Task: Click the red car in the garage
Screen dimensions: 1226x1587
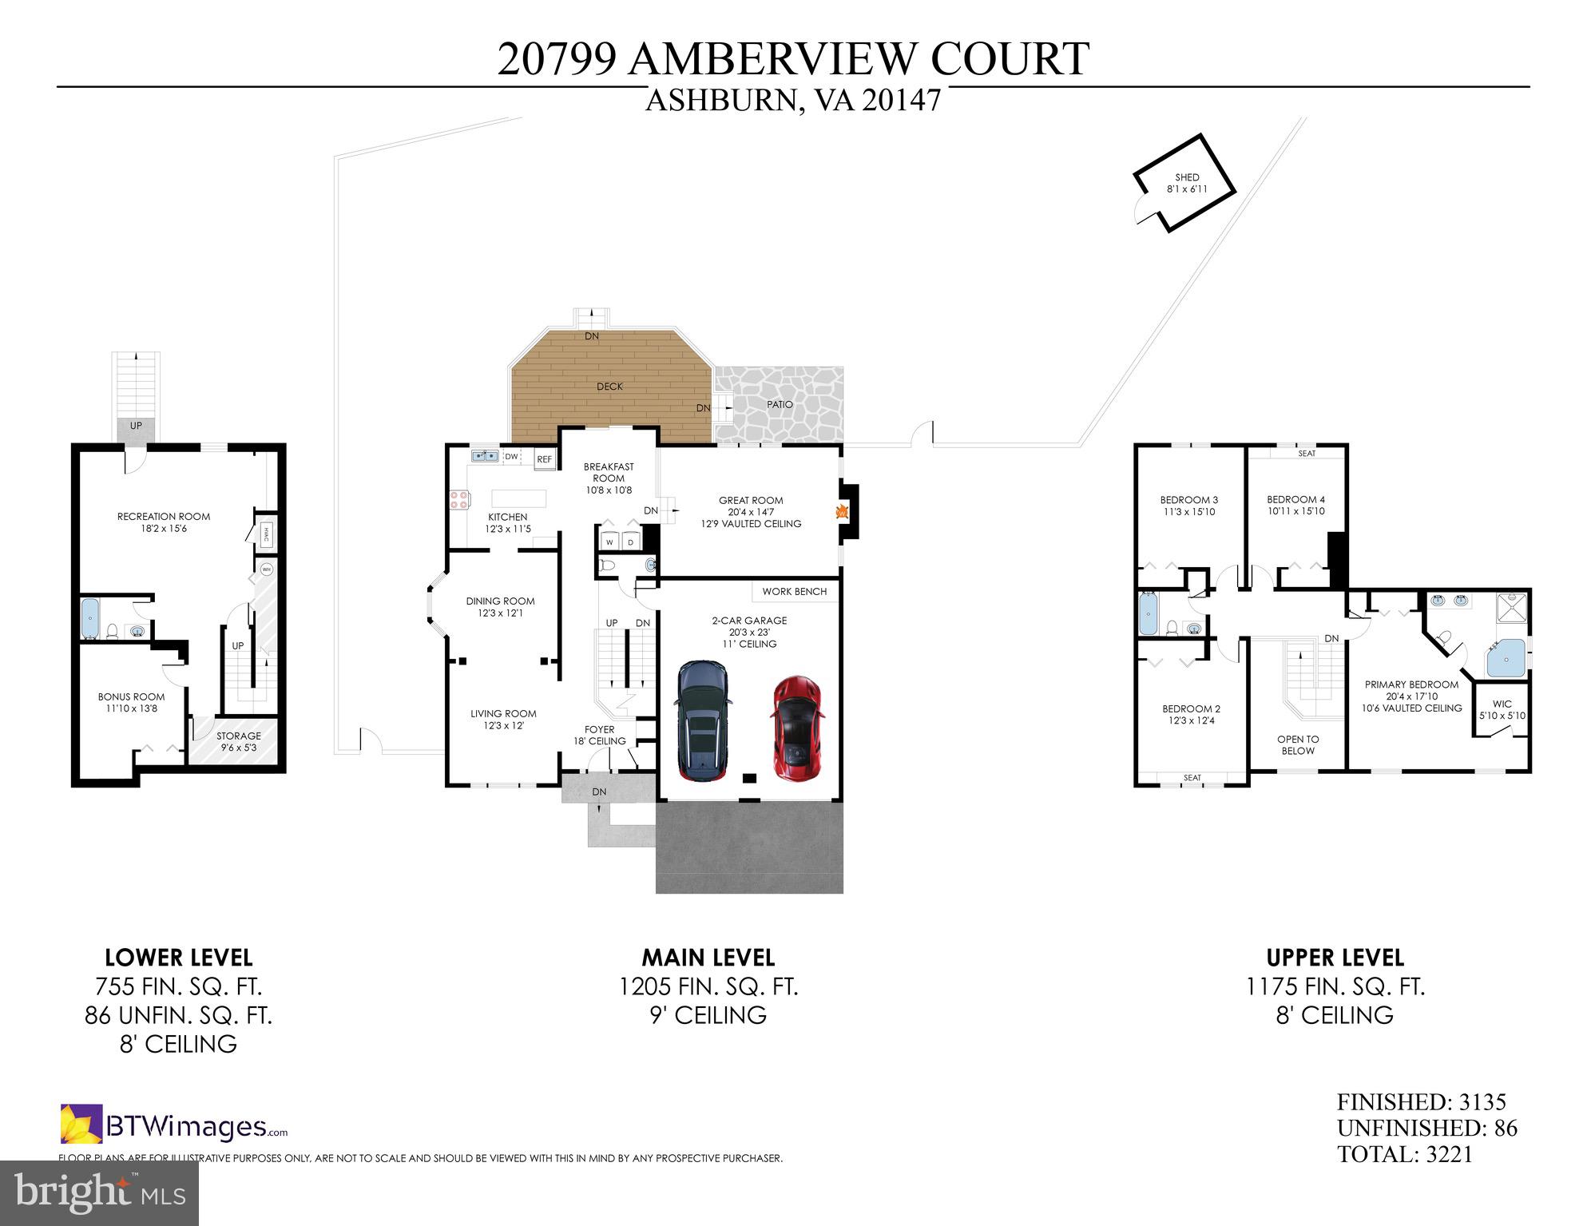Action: [795, 728]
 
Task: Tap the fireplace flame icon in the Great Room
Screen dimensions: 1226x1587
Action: [841, 512]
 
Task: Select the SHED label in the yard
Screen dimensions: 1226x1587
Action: [1187, 177]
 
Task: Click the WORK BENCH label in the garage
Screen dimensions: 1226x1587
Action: [794, 592]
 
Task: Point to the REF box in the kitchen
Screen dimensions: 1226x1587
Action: [544, 459]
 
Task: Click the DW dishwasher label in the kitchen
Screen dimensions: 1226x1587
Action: [511, 456]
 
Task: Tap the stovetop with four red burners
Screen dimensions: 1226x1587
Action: [459, 500]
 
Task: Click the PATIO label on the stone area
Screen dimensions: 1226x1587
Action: [780, 404]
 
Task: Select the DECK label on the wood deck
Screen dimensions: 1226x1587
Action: [609, 387]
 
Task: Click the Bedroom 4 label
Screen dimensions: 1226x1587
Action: [1295, 500]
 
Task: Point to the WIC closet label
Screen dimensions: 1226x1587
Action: [1502, 704]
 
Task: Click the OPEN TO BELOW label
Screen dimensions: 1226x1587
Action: [1297, 744]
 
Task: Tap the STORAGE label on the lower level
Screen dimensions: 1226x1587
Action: [238, 736]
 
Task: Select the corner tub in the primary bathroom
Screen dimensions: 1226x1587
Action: [1506, 658]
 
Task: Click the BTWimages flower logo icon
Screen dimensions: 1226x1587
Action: [81, 1124]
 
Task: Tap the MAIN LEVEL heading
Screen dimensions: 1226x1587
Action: [708, 957]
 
